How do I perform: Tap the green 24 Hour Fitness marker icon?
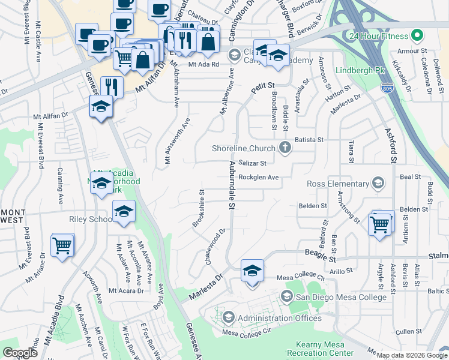pyautogui.click(x=414, y=34)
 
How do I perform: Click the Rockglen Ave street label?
pyautogui.click(x=259, y=178)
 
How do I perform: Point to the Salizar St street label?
pyautogui.click(x=252, y=163)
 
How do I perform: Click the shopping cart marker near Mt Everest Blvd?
pyautogui.click(x=62, y=245)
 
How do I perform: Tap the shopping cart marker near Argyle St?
pyautogui.click(x=379, y=224)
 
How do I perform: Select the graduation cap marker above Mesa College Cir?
pyautogui.click(x=252, y=272)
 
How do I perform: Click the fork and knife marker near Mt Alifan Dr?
pyautogui.click(x=111, y=86)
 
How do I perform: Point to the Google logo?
pyautogui.click(x=20, y=353)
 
